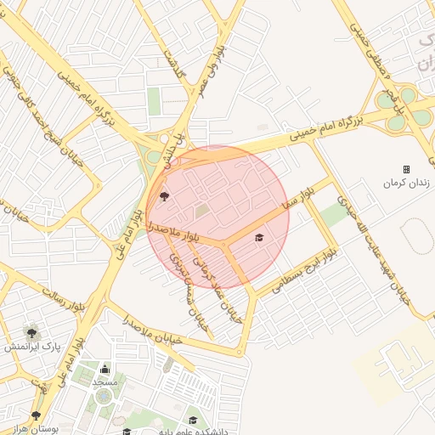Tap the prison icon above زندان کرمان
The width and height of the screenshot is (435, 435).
[x=406, y=169]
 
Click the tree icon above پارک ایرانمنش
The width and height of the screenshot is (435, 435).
[x=31, y=332]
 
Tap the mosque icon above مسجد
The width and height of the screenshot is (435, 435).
[x=105, y=369]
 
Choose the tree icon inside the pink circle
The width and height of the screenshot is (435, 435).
[x=163, y=195]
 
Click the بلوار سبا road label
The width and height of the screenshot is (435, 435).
[x=302, y=195]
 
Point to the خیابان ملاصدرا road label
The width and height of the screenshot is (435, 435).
[x=153, y=330]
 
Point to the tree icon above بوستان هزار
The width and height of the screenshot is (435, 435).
[x=36, y=415]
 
